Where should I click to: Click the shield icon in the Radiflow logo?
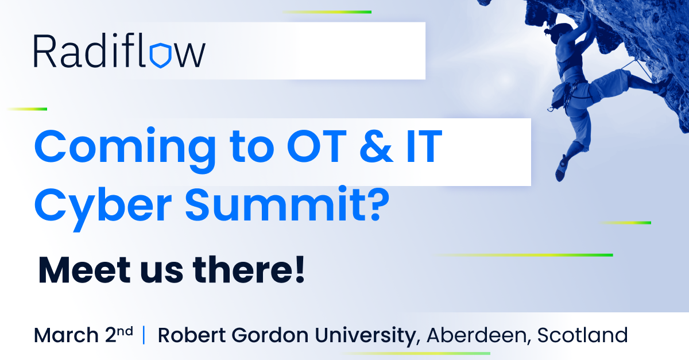tap(160, 55)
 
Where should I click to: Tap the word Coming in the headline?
tap(125, 150)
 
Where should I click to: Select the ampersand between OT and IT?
tap(376, 146)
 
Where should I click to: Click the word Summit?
tap(274, 204)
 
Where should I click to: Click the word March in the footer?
tap(66, 335)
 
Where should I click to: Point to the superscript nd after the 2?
tap(125, 331)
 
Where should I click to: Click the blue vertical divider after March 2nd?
tap(144, 335)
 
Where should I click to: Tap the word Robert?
tap(192, 335)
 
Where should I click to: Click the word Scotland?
tap(582, 335)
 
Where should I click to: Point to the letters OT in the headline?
tap(317, 146)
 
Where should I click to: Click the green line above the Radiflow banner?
tap(327, 12)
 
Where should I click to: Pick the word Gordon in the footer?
tap(270, 335)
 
